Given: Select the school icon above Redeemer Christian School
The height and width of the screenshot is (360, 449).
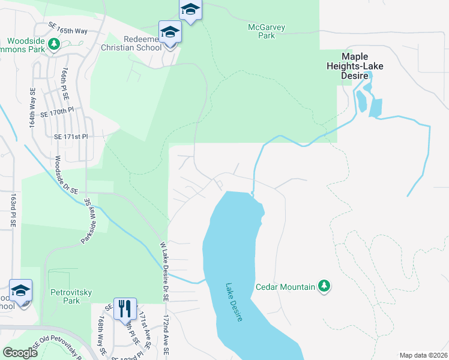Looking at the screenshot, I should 170,32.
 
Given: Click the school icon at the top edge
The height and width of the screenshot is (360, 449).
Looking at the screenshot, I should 190,10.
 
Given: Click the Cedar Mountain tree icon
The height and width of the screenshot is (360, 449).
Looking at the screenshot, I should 324,286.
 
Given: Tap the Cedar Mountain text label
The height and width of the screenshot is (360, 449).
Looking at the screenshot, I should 285,287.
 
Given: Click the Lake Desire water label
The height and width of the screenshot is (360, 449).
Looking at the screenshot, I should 234,302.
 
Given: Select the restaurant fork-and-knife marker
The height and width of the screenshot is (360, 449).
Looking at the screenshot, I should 125,309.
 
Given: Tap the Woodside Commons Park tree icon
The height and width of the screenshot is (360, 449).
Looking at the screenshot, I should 54,44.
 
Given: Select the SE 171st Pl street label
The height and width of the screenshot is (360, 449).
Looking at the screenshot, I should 71,137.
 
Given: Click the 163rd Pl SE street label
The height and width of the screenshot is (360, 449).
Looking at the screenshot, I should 13,210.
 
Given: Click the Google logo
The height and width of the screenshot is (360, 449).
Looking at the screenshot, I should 20,353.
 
